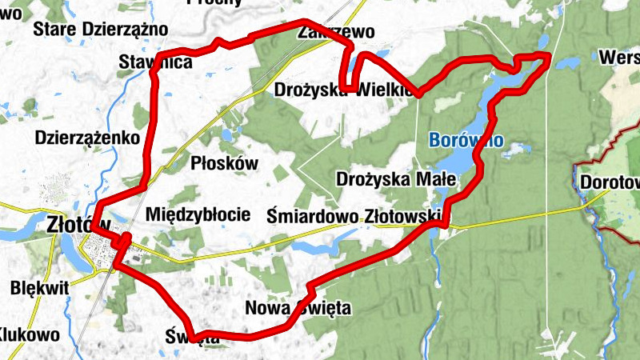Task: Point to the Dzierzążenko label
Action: pos(87,137)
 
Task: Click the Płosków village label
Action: pos(226,163)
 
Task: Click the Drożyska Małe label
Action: pos(396,178)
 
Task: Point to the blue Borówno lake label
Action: pos(466,140)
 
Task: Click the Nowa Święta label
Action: pos(298,308)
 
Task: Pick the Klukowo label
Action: pos(29,334)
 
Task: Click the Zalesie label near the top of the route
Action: pos(335,33)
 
